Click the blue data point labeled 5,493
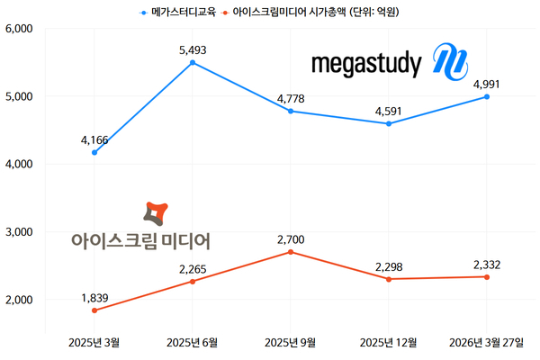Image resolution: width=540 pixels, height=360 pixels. point(193,62)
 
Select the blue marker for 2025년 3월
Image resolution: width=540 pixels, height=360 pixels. point(94,152)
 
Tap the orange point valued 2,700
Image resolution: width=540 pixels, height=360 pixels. point(290,252)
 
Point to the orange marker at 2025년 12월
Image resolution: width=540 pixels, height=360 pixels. point(388,279)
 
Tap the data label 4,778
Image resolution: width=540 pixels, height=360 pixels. point(290,98)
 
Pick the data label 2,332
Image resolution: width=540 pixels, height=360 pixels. point(486,264)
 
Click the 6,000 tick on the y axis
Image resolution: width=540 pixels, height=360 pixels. point(19,29)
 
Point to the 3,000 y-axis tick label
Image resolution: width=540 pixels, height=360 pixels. point(19,232)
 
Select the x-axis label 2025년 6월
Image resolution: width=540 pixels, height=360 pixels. point(193,343)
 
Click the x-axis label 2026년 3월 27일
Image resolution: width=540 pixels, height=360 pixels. point(486,343)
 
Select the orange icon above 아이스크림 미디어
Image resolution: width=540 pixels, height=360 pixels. point(154,214)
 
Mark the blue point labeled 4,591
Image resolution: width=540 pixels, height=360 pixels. point(388,123)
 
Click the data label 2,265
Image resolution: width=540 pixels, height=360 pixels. point(193,268)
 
